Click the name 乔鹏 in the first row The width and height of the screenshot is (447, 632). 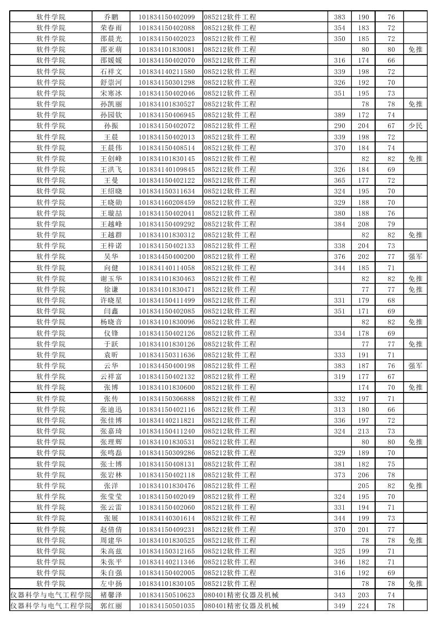pos(111,17)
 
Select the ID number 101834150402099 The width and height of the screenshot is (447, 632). pos(166,17)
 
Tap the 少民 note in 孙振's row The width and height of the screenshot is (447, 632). pos(415,126)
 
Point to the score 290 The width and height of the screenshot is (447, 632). pos(339,126)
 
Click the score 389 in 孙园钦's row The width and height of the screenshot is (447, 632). pos(339,115)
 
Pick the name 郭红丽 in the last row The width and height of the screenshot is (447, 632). pos(111,606)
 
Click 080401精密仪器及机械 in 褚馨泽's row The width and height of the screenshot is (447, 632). pos(241,595)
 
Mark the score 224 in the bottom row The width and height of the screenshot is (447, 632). pos(363,606)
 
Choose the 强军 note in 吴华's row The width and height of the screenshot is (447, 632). pos(415,257)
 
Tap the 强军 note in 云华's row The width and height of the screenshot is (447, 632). pos(415,366)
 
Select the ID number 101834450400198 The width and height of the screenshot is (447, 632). pos(166,366)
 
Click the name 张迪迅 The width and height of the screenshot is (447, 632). pos(111,409)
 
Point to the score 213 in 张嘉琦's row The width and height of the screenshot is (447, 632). pos(363,431)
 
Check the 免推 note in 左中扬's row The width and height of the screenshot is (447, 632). pos(415,584)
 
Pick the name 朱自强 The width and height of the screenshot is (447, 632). pos(111,573)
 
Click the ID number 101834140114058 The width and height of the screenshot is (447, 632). pos(166,268)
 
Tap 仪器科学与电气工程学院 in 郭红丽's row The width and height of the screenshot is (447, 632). pos(51,606)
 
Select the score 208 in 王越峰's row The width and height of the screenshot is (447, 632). pos(363,224)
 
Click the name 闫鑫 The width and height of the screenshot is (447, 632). pos(111,311)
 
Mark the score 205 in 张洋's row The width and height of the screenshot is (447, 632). pos(363,486)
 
